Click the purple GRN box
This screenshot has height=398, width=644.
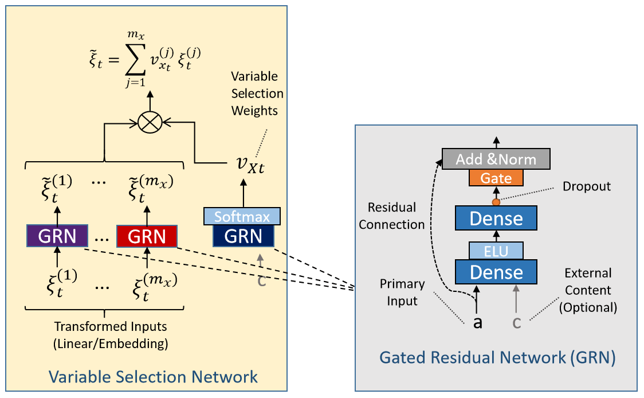pyautogui.click(x=57, y=236)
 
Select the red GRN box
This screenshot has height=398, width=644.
pyautogui.click(x=147, y=236)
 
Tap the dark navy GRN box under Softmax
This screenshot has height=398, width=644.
pyautogui.click(x=244, y=236)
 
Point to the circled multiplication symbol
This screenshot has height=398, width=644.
pyautogui.click(x=150, y=122)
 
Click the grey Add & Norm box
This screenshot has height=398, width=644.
pyautogui.click(x=496, y=159)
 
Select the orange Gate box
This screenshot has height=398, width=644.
pyautogui.click(x=496, y=178)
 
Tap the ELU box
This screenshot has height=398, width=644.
pyautogui.click(x=496, y=251)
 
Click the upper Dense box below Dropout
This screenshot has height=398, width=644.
pyautogui.click(x=496, y=218)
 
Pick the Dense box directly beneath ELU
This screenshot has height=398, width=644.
pyautogui.click(x=496, y=272)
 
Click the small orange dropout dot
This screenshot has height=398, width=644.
pyautogui.click(x=496, y=202)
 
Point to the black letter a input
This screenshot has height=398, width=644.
pyautogui.click(x=478, y=322)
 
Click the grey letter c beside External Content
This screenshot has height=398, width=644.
pyautogui.click(x=516, y=322)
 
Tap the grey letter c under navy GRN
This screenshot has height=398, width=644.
pyautogui.click(x=261, y=280)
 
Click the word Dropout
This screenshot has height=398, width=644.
pyautogui.click(x=587, y=186)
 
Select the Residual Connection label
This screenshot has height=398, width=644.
pyautogui.click(x=391, y=216)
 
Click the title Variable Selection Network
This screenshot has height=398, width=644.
pyautogui.click(x=153, y=377)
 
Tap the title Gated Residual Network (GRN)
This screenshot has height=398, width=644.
pyautogui.click(x=497, y=358)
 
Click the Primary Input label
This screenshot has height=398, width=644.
pyautogui.click(x=402, y=291)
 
